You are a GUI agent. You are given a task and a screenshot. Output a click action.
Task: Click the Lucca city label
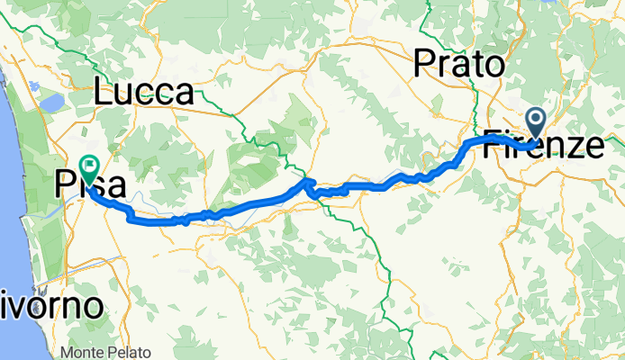click(144, 93)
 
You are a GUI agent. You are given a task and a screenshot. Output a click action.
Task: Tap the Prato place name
click(457, 65)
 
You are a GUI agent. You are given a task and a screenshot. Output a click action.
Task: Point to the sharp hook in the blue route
click(309, 187)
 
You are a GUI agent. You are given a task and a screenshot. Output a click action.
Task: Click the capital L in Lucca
click(105, 93)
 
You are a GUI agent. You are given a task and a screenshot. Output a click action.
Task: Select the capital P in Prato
click(423, 65)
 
